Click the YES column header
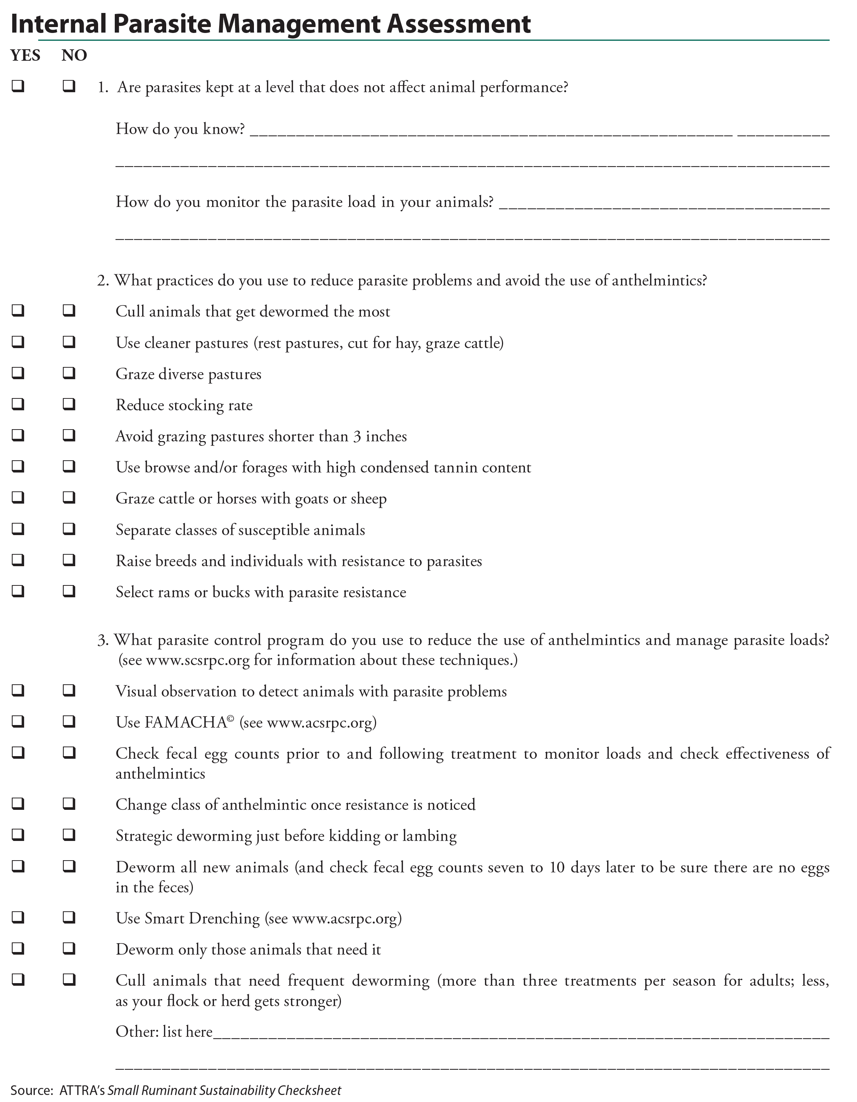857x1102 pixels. pos(25,55)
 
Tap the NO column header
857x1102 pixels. pos(74,55)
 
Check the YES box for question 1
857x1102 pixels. pos(18,86)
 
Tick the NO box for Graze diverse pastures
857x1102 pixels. pos(69,373)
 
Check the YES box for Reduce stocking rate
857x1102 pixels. pos(18,404)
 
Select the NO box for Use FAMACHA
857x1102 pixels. pos(69,722)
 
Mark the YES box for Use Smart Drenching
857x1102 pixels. pos(18,917)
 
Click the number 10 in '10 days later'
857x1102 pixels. pos(557,867)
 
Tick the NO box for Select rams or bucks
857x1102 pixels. pos(69,591)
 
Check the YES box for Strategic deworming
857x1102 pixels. pos(18,835)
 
